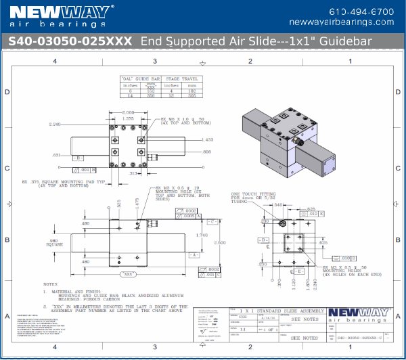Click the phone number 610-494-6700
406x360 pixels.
(352, 12)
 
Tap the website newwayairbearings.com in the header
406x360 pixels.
(352, 22)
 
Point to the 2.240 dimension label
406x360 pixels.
(55, 125)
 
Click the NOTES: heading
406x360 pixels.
(50, 284)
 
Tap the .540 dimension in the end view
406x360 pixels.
(278, 204)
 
